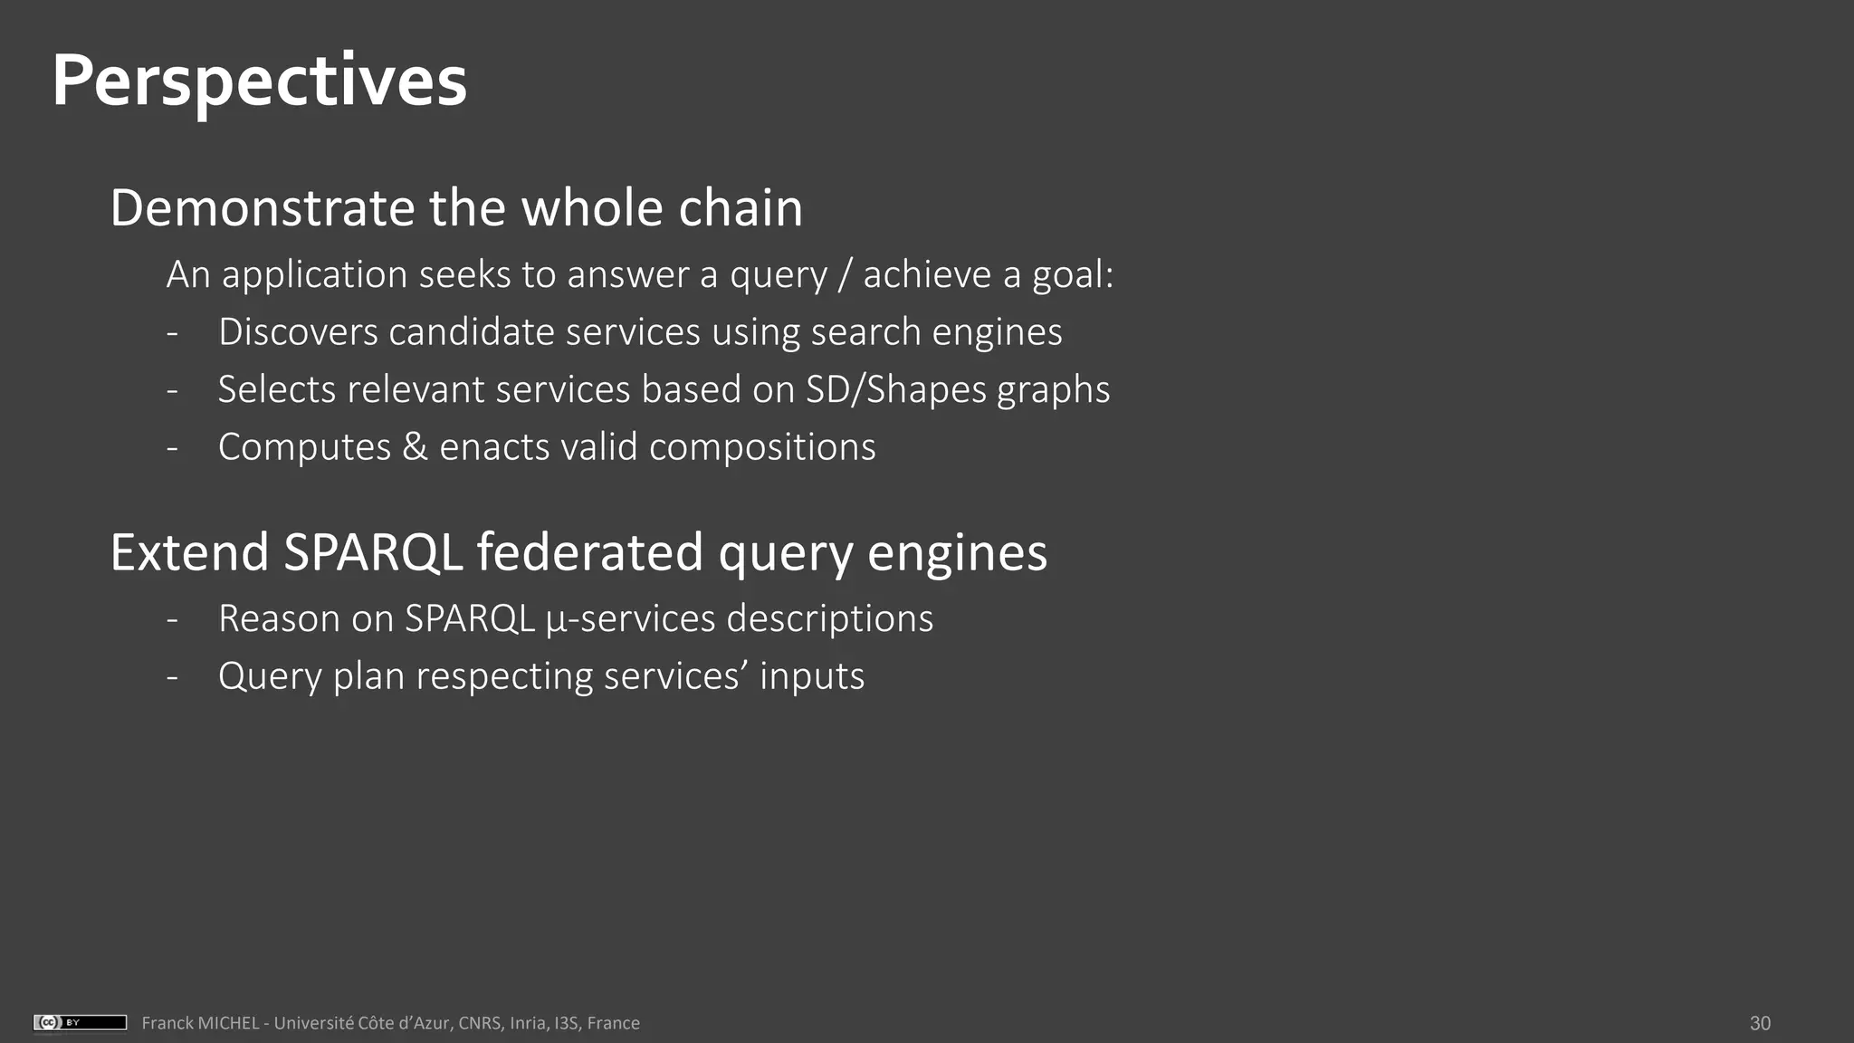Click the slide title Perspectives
259,81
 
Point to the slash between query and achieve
845,275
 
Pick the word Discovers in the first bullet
297,332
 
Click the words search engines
936,332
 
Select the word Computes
304,447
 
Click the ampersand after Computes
415,447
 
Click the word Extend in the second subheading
189,552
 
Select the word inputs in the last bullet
811,676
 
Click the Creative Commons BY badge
80,1022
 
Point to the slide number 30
1760,1023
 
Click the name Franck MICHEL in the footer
200,1023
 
